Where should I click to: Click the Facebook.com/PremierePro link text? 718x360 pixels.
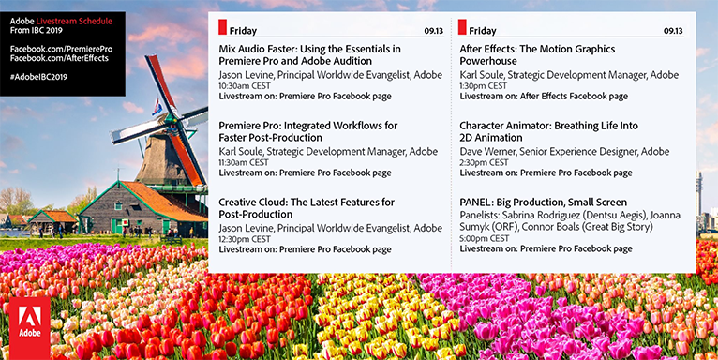tap(61, 47)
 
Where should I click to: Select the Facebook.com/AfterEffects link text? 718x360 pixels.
tap(60, 58)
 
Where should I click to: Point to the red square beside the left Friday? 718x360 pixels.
tap(222, 29)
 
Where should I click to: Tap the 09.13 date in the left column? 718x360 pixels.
tap(433, 31)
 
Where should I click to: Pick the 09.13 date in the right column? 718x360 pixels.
tap(674, 31)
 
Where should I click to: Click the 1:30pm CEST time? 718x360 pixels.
tap(484, 85)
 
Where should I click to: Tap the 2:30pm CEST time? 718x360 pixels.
tap(484, 162)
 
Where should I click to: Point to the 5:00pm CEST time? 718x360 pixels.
tap(484, 239)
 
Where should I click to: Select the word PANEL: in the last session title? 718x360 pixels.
tap(476, 202)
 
